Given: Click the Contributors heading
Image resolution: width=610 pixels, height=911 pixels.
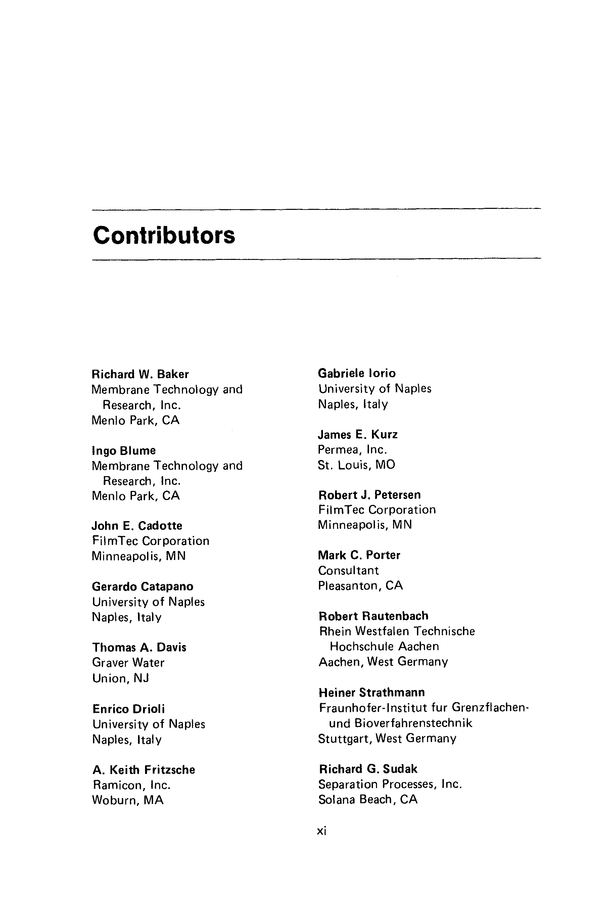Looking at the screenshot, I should click(x=164, y=235).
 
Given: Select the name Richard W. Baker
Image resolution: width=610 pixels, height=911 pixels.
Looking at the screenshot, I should click(x=140, y=374).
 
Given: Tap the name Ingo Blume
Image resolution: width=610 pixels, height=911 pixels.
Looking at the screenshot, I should click(x=124, y=451).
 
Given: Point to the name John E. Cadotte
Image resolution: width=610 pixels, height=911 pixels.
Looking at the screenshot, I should click(x=137, y=526).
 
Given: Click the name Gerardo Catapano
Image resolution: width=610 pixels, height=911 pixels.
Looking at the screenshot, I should click(x=142, y=586).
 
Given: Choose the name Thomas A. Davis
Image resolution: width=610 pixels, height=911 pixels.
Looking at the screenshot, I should click(x=139, y=647).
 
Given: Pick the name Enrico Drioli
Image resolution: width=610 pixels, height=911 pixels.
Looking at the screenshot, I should click(x=128, y=709).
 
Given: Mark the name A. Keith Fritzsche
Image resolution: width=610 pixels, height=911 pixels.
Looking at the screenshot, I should click(x=144, y=770).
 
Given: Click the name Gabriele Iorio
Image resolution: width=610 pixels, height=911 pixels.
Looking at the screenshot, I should click(x=357, y=373).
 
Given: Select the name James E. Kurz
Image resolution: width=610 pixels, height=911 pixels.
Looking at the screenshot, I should click(x=358, y=434).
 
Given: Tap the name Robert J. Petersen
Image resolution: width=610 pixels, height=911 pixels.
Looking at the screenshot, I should click(x=370, y=495).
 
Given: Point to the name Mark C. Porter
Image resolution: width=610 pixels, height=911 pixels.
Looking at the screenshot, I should click(x=359, y=555).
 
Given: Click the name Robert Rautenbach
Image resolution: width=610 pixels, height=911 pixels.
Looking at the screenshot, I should click(x=373, y=616).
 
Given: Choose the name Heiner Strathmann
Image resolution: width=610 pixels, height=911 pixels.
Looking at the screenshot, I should click(x=372, y=693).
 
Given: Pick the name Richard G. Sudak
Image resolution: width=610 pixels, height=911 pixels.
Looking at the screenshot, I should click(x=368, y=769).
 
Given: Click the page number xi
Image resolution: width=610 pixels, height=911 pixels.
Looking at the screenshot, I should click(x=321, y=831).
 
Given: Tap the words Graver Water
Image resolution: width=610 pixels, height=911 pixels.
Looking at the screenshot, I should click(x=128, y=663).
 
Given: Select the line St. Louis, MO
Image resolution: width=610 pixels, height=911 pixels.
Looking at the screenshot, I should click(x=356, y=465).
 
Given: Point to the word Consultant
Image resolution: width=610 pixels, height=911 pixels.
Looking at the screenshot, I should click(x=348, y=571).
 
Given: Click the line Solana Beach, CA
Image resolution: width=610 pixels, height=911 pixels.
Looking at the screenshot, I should click(x=368, y=800).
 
